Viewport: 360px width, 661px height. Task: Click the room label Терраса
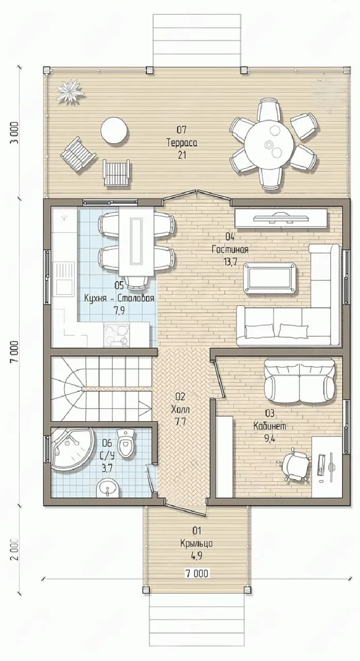pos(182,143)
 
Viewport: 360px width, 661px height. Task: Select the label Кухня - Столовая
pos(119,298)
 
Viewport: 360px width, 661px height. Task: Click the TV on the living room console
pos(280,218)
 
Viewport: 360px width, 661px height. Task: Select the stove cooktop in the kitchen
pos(116,335)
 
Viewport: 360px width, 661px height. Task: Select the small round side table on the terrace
pos(115,131)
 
